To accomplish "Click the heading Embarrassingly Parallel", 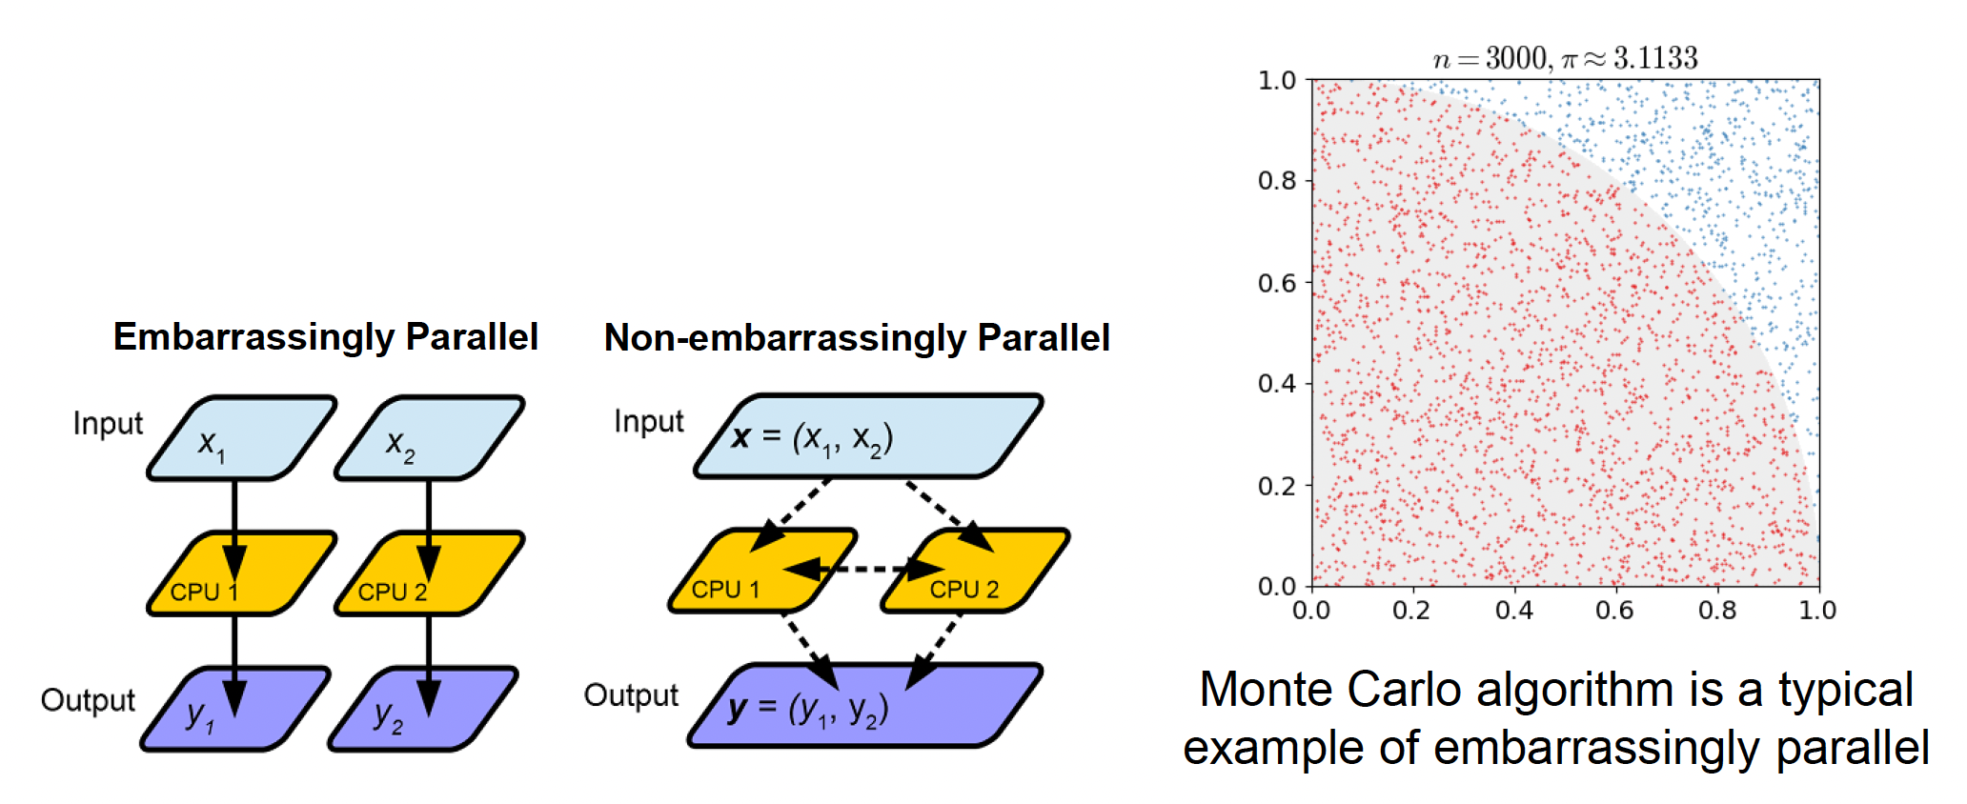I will [325, 337].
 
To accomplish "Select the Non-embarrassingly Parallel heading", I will [857, 338].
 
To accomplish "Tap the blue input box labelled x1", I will [242, 438].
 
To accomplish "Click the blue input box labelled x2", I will [430, 438].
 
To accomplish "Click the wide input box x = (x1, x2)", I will [868, 436].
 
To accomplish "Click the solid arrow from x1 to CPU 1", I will [235, 514].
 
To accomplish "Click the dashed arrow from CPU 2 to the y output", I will [939, 648].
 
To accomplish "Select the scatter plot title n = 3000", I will [1565, 59].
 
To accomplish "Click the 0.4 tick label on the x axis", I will [1513, 611].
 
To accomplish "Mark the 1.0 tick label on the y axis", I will [1277, 80].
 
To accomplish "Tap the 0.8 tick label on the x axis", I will [1716, 611].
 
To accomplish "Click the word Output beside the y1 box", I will [88, 700].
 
